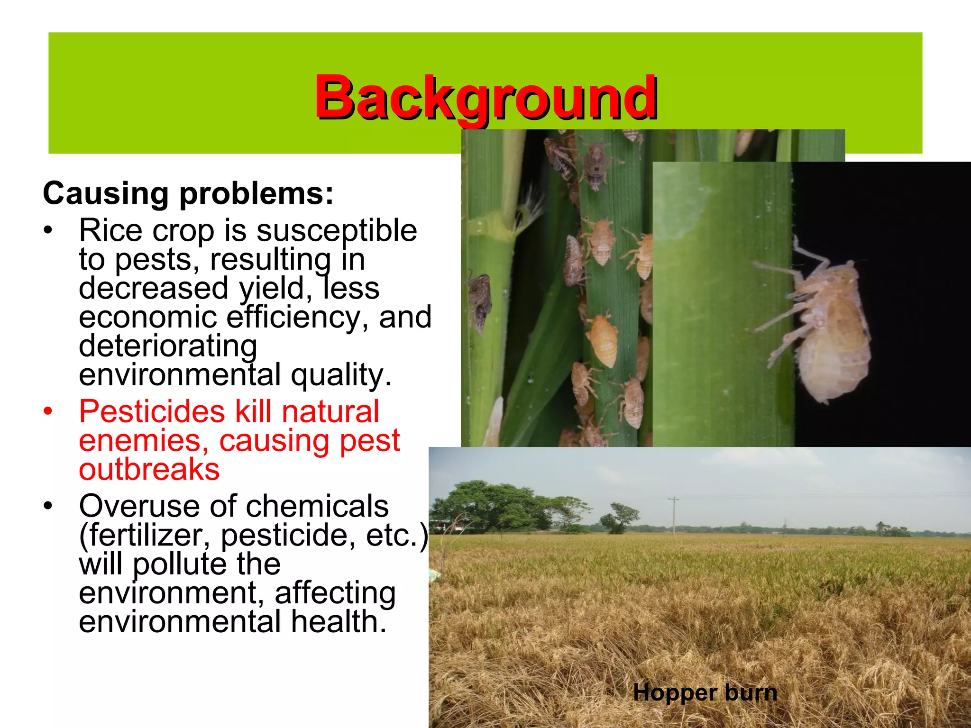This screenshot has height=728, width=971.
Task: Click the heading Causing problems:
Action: tap(188, 194)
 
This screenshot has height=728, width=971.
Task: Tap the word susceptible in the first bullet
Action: tap(337, 231)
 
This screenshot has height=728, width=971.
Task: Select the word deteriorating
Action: tap(168, 346)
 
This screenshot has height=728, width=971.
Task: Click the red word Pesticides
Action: tap(152, 411)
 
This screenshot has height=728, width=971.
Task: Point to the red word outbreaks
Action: tap(149, 469)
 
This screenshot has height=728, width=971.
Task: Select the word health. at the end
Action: tap(339, 622)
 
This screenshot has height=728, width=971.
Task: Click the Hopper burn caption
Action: tap(705, 693)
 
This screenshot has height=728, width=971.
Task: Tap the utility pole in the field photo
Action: tap(674, 515)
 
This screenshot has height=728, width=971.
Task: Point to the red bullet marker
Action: tap(47, 411)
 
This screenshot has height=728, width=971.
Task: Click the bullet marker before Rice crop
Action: tap(47, 231)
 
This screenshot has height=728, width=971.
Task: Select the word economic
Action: tap(147, 317)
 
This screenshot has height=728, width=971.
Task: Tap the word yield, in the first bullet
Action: tap(275, 288)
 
